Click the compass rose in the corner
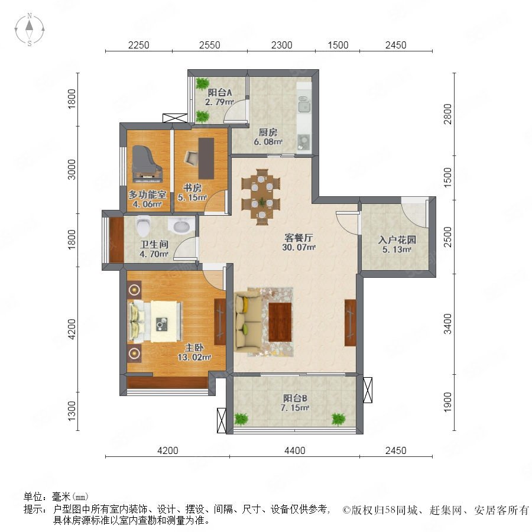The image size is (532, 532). point(30,29)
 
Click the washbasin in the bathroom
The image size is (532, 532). point(180,225)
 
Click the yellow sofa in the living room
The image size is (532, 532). point(248,322)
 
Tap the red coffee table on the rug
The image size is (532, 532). point(280,322)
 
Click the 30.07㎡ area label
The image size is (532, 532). point(299,247)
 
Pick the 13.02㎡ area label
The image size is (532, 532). point(194,357)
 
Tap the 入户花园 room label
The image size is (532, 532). point(397,240)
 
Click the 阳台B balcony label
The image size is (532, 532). point(295,398)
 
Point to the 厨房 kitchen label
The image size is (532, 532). point(268,132)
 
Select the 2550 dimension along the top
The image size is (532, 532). point(210,45)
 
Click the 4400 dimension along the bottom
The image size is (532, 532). point(295,450)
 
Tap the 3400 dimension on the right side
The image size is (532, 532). point(448,324)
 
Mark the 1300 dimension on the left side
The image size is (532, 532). point(72,411)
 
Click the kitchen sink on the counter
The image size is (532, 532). point(304,104)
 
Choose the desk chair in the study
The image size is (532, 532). point(191,158)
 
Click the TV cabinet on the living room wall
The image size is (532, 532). point(350,323)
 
